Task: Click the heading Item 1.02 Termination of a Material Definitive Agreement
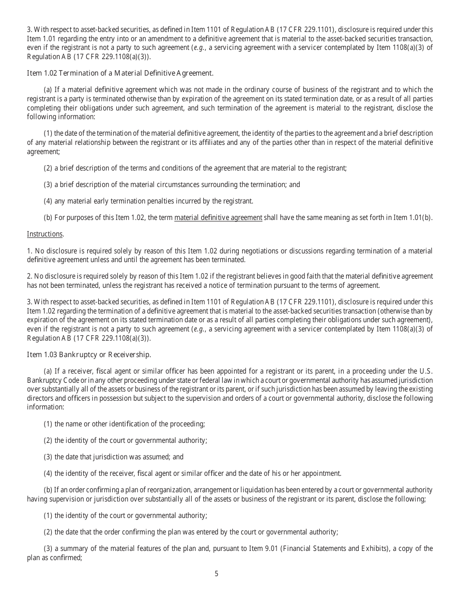(120, 73)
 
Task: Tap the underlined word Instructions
(45, 234)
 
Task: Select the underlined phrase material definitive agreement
(218, 218)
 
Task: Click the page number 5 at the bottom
(216, 574)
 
